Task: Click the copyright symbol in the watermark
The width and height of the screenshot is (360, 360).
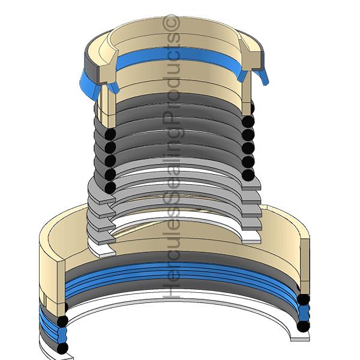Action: click(x=171, y=22)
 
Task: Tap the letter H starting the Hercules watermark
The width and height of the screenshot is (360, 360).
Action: click(x=171, y=290)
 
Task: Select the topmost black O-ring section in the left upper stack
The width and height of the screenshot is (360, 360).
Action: click(x=110, y=134)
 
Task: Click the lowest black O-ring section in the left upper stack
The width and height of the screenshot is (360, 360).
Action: click(x=110, y=188)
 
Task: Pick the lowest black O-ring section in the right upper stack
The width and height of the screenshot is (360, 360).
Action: click(x=248, y=175)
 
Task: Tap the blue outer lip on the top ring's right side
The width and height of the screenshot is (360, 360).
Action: click(x=262, y=76)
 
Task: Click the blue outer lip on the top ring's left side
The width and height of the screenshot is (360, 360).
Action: click(x=89, y=85)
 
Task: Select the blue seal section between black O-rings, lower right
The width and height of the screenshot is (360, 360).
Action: click(x=304, y=313)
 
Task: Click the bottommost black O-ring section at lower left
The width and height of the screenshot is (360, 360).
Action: click(x=62, y=348)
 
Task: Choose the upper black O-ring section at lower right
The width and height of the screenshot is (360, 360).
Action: click(x=304, y=299)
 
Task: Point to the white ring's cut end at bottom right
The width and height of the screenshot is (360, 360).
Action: click(x=300, y=339)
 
